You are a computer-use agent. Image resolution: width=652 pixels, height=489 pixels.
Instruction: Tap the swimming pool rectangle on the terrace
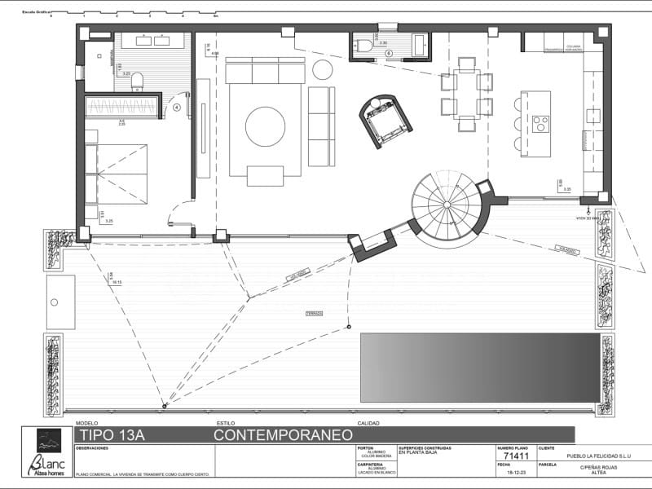point(480,367)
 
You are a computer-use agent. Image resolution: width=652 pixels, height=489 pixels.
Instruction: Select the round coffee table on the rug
point(265,126)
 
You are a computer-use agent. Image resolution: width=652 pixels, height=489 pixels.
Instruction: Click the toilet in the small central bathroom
point(363,46)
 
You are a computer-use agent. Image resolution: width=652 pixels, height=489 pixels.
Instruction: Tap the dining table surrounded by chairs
point(467,94)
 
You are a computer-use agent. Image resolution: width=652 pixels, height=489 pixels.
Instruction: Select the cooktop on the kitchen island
point(540,124)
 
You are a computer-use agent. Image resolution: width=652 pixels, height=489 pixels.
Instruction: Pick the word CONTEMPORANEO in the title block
point(283,435)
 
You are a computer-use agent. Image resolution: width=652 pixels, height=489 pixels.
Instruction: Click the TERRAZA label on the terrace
point(314,313)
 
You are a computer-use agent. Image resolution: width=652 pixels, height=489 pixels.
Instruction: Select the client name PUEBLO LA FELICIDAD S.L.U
point(588,456)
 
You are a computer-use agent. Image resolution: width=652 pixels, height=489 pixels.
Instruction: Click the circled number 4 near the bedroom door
point(177,107)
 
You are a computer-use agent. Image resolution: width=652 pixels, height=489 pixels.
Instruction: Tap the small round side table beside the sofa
point(323,69)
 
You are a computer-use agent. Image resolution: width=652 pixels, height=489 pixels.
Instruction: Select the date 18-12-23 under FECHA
point(517,472)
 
